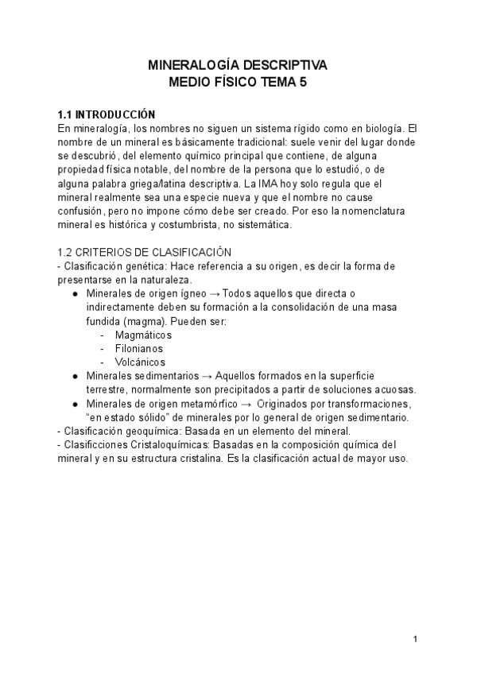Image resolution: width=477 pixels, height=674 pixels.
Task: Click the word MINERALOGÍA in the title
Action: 188,65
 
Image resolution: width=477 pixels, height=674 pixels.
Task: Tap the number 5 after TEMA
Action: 302,81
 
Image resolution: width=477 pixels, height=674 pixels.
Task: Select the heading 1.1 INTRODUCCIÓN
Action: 107,114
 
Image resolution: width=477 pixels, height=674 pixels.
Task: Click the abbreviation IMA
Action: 296,182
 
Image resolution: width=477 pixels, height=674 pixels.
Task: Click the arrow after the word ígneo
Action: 218,293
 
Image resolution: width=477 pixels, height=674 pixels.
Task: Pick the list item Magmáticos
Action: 144,335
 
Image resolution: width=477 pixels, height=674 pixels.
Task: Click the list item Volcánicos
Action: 140,362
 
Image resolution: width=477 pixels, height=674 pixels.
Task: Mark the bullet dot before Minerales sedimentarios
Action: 74,376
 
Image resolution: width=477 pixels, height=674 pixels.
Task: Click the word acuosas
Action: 394,389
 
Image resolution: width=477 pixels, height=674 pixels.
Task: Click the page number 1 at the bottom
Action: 415,639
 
